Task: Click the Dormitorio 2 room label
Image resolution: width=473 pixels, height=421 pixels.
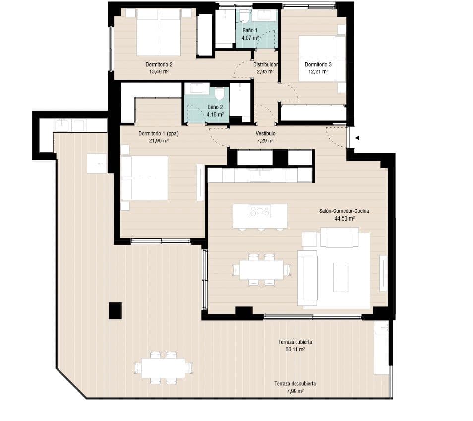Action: coord(159,64)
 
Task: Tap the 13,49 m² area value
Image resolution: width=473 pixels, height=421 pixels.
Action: coord(159,71)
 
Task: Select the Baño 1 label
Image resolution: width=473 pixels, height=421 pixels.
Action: coord(249,30)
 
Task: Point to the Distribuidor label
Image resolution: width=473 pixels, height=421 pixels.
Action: coord(265,65)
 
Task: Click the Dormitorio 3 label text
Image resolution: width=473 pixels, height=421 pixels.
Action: coord(318,64)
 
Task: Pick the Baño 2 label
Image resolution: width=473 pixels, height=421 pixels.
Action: coord(215,107)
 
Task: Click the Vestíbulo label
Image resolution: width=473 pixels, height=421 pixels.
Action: coord(265,134)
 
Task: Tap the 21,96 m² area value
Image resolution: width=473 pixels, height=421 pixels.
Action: coord(159,140)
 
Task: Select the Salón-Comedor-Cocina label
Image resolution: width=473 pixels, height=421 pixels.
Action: coord(344,211)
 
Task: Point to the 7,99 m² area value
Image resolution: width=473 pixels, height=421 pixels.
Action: coord(295,391)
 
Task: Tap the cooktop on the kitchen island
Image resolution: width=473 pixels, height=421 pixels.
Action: coord(260,212)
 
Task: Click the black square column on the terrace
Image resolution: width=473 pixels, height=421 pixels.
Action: coord(115,311)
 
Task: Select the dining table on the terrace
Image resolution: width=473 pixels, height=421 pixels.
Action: coord(163,368)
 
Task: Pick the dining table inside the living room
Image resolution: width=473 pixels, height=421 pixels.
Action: coord(261,270)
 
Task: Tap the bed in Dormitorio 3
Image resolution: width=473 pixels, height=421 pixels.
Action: coord(322,58)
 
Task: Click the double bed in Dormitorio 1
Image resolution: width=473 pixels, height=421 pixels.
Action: coord(145,178)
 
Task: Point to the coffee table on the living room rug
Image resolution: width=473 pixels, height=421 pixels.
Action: coord(340,277)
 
